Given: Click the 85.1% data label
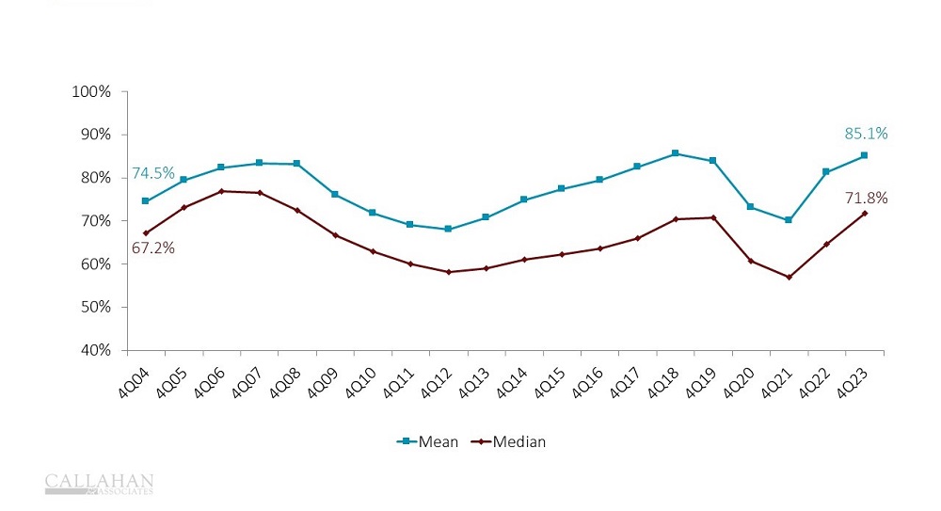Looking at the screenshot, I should (x=866, y=134).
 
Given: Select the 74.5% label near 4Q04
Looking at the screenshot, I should (x=152, y=173).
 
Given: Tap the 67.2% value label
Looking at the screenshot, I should (x=152, y=248).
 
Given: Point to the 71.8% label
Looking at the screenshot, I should (x=866, y=198).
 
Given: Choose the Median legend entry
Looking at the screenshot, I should (x=509, y=441).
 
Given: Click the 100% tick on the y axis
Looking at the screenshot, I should (x=92, y=91).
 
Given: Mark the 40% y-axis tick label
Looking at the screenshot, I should (x=95, y=350).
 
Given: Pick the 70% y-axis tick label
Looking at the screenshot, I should (x=95, y=221).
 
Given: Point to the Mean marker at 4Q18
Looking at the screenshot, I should (x=675, y=153).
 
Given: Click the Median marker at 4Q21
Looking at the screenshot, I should (x=788, y=277).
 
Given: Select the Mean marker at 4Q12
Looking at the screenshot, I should (x=448, y=230).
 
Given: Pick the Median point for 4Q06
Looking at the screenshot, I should (x=221, y=191).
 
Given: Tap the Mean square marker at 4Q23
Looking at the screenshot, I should (x=864, y=155).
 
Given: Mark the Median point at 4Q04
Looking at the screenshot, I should (x=145, y=232).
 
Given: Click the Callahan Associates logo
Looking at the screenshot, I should (x=99, y=484).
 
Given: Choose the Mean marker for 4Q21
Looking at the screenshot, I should (x=788, y=220).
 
